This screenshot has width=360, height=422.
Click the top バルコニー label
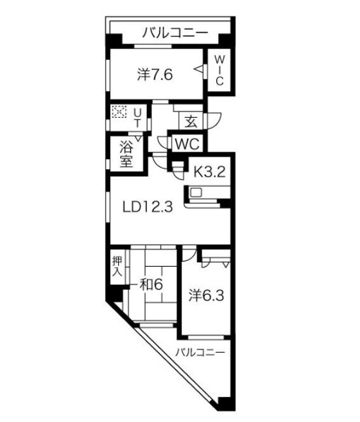(x=175, y=33)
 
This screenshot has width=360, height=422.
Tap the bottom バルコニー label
(x=200, y=352)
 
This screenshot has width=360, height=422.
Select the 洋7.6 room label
(x=155, y=74)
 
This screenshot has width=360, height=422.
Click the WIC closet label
(x=219, y=70)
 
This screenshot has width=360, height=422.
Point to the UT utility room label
(x=137, y=118)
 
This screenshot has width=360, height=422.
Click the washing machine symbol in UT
(x=119, y=111)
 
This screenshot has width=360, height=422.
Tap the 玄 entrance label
(x=191, y=122)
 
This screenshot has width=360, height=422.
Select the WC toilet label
(x=187, y=144)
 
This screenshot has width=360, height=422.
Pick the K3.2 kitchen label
(x=209, y=171)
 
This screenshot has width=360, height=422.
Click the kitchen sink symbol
(x=196, y=192)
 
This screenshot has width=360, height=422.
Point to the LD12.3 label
(x=148, y=207)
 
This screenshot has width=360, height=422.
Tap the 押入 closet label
(x=117, y=266)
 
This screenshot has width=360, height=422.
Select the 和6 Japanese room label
(x=151, y=285)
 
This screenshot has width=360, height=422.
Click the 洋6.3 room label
(x=206, y=295)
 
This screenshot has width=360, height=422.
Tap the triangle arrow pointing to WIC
(x=198, y=69)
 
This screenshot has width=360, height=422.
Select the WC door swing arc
(x=162, y=143)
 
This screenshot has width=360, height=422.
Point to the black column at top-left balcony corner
(x=113, y=41)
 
